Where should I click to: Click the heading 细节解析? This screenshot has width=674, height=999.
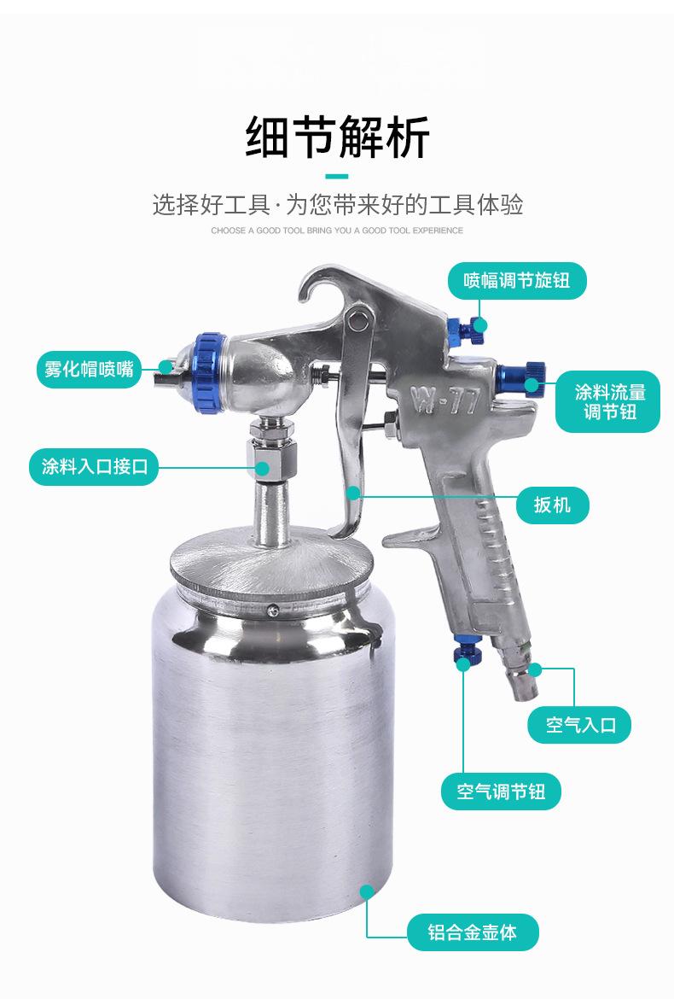click(337, 137)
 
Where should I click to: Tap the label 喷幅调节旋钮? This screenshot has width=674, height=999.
click(517, 280)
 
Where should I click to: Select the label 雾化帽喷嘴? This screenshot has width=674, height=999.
click(89, 368)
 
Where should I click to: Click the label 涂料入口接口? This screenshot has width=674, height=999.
click(94, 467)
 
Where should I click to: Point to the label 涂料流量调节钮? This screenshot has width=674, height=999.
click(608, 401)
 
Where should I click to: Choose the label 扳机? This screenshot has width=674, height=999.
click(552, 505)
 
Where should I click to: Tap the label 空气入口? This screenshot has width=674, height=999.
click(580, 724)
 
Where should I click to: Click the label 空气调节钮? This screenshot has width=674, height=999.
click(501, 792)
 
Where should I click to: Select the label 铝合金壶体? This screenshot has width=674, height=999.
click(473, 932)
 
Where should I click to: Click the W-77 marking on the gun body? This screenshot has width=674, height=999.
click(444, 400)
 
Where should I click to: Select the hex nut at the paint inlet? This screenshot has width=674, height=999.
click(272, 459)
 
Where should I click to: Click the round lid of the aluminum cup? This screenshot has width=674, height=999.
click(270, 569)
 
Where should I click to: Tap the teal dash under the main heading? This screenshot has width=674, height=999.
click(337, 177)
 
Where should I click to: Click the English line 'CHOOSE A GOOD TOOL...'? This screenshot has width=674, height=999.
click(337, 230)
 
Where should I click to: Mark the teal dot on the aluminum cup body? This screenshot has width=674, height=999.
click(367, 891)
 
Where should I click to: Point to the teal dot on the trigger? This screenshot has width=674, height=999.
click(354, 492)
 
